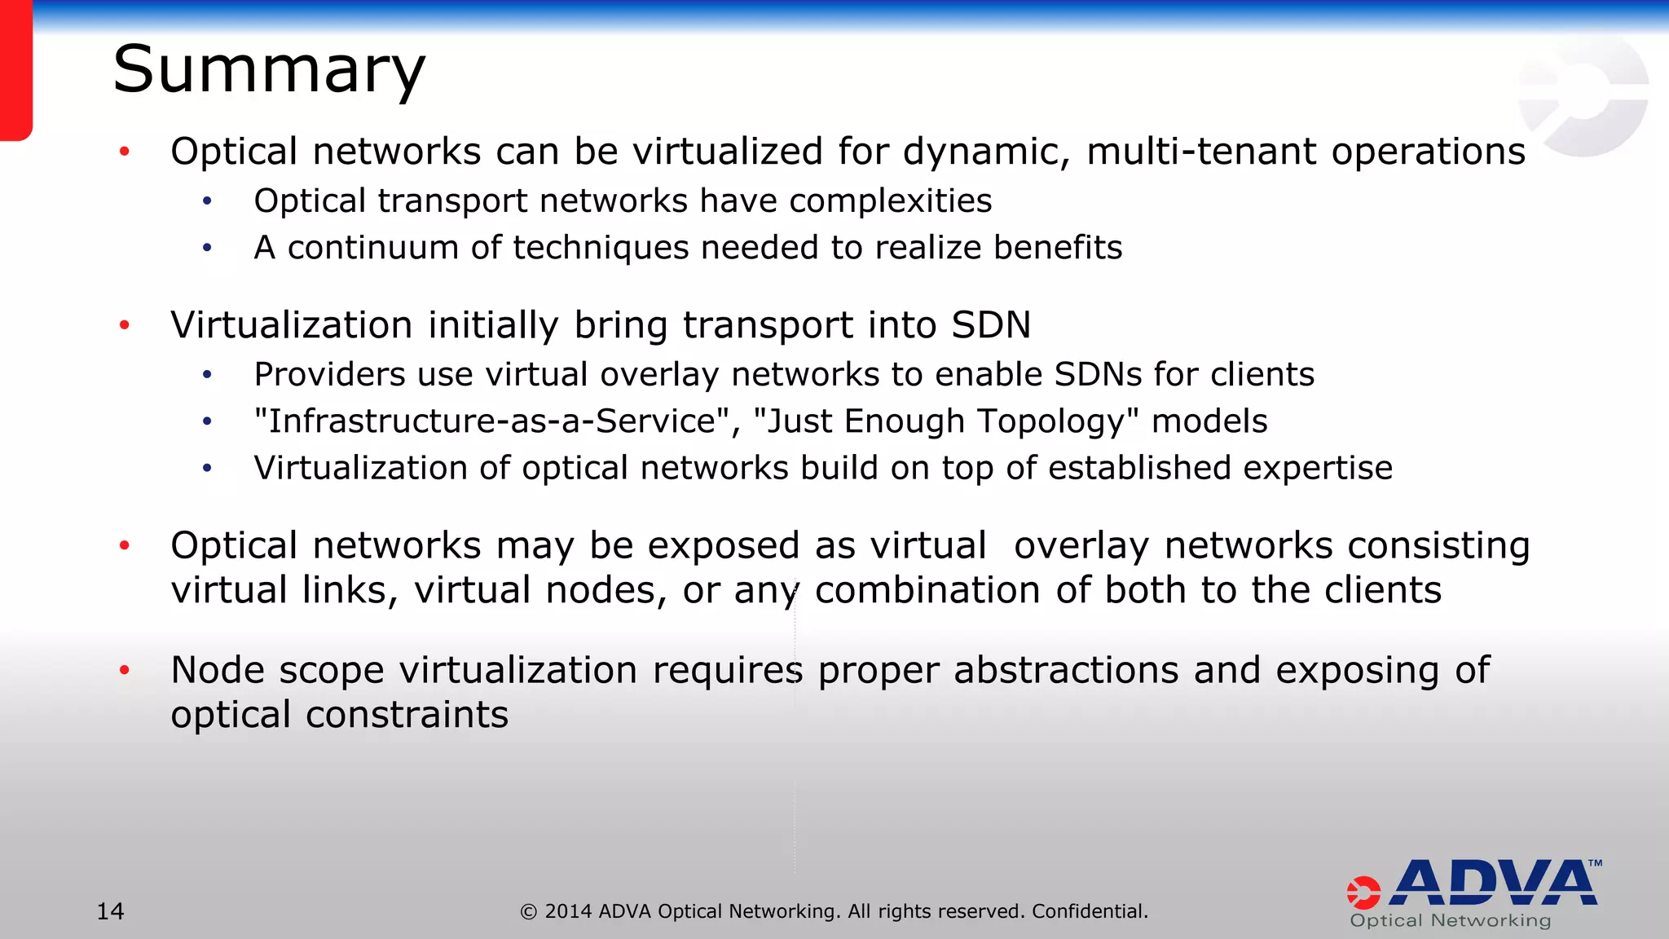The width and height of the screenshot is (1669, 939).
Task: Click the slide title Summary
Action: (x=269, y=71)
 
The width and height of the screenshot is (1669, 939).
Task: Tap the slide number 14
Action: (x=110, y=910)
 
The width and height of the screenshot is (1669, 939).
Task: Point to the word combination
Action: (x=927, y=590)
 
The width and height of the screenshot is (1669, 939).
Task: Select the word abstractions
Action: (x=1066, y=670)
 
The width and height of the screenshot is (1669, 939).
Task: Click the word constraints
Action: (x=407, y=715)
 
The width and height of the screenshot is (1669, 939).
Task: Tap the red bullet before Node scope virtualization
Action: (x=125, y=671)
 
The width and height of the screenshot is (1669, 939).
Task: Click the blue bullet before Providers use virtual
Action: (x=208, y=375)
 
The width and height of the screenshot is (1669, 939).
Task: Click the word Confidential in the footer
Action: (x=1089, y=911)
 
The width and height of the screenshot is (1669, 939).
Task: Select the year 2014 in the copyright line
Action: (x=568, y=911)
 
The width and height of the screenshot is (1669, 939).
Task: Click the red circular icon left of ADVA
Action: (x=1363, y=893)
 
